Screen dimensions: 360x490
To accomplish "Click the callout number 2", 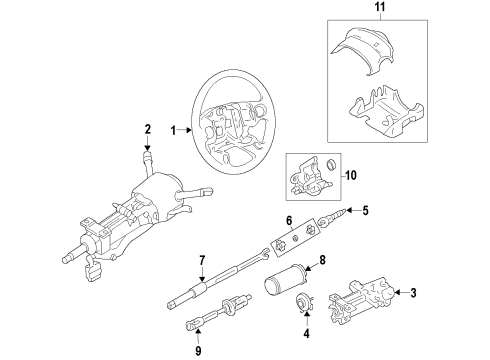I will coord(146,128).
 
